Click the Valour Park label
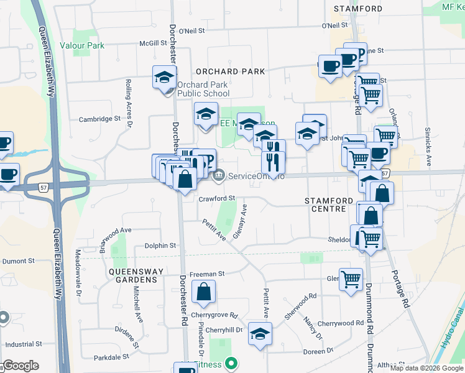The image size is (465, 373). click(x=82, y=45)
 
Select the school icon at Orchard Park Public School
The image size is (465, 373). click(x=164, y=78)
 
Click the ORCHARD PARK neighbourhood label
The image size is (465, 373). click(x=231, y=71)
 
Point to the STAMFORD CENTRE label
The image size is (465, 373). click(x=325, y=205)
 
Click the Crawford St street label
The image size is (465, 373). click(x=217, y=199)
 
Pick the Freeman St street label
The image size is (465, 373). click(x=206, y=274)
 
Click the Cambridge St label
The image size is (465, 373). click(x=99, y=119)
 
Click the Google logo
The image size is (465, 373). click(x=21, y=366)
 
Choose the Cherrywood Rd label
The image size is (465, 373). click(x=340, y=323)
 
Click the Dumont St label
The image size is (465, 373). click(x=17, y=262)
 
